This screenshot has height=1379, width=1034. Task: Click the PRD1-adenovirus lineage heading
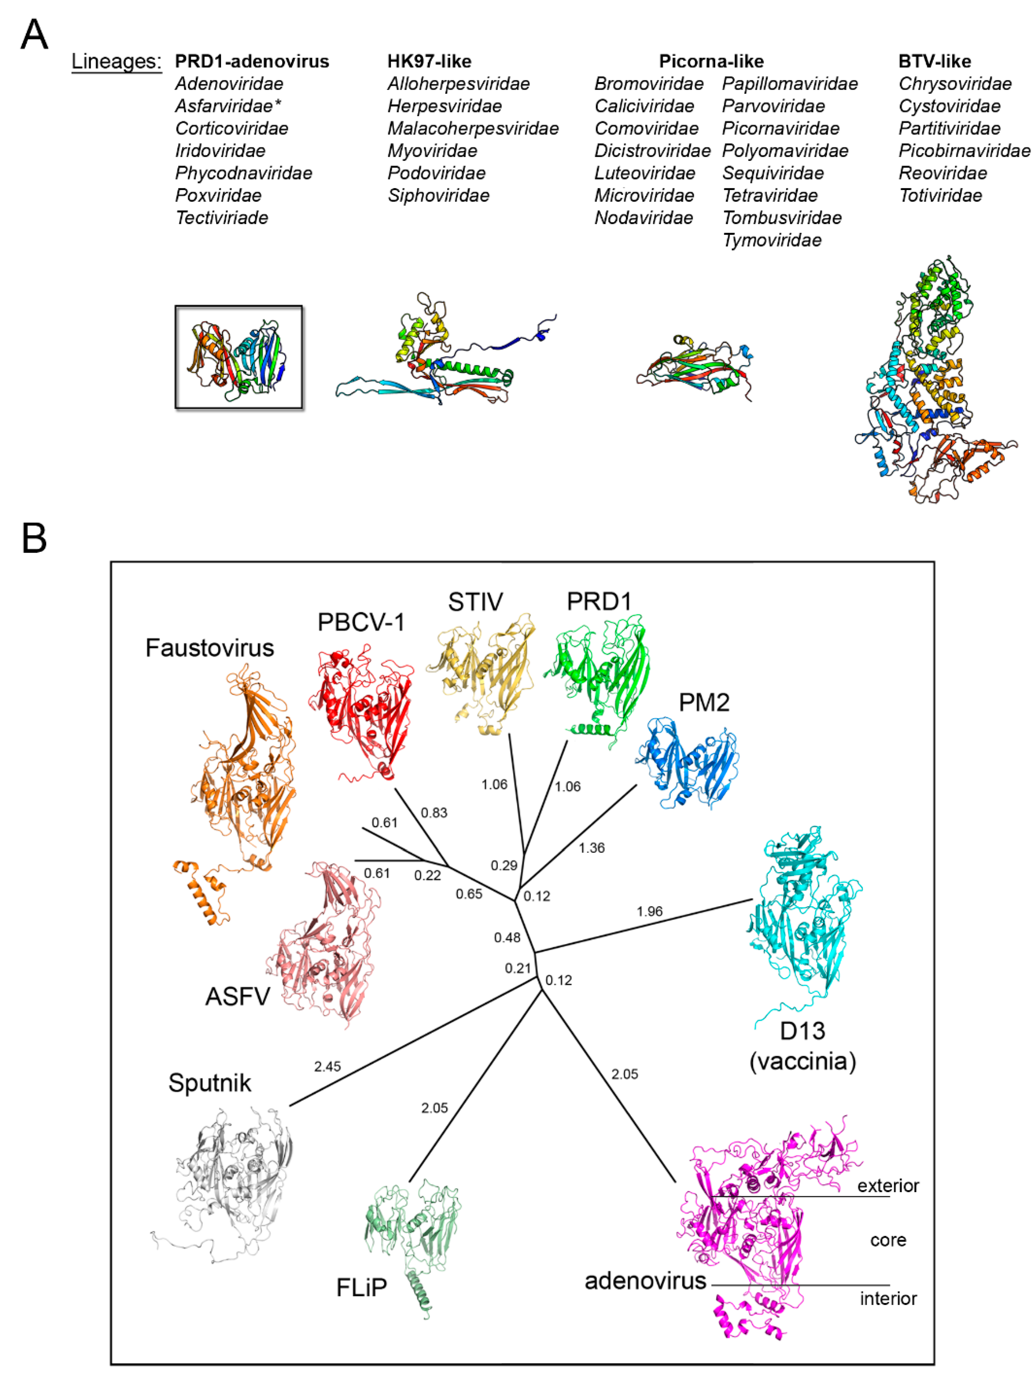252,61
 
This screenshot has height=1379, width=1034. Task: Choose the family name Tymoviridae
771,240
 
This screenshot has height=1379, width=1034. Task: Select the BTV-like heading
934,61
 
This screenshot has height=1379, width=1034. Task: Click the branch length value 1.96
649,911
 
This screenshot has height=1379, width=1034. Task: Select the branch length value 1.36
591,848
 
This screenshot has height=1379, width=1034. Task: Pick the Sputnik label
209,1083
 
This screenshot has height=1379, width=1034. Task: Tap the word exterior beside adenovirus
888,1186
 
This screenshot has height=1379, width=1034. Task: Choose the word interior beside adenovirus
888,1299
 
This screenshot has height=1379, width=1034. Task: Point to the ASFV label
238,996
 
